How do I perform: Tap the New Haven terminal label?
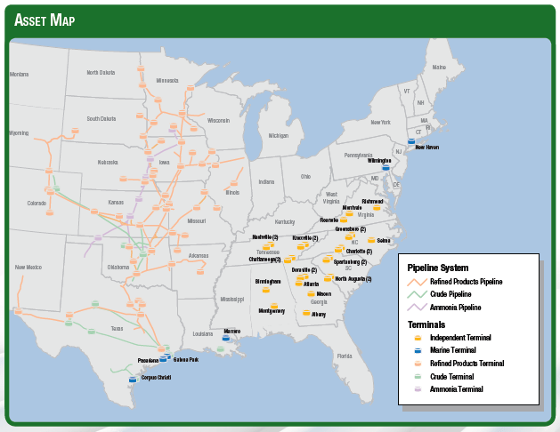point(426,147)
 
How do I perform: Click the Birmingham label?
point(268,282)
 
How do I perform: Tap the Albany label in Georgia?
point(319,314)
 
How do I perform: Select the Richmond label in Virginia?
point(372,202)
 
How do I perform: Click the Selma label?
point(384,240)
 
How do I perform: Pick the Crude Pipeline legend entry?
point(452,293)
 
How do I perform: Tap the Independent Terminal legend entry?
point(459,338)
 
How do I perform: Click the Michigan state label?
point(279,136)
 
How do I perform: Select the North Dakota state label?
point(101,73)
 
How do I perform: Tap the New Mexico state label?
point(29,266)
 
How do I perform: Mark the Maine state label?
point(438,68)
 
